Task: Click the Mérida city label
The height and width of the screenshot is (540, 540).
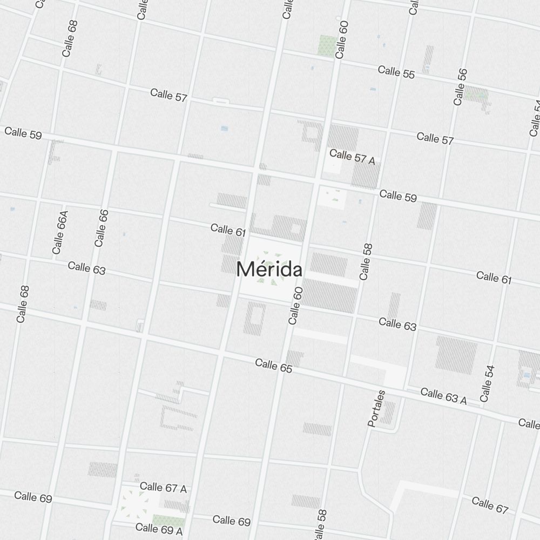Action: [x=269, y=269]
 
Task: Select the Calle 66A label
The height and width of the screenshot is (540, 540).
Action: [x=60, y=232]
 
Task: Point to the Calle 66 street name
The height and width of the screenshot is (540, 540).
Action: [x=101, y=228]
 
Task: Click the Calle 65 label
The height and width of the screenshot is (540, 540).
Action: [x=273, y=366]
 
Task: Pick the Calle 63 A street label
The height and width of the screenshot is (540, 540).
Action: [x=443, y=396]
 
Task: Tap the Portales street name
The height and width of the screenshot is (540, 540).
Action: [x=376, y=408]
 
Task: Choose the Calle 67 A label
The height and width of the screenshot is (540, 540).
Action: [x=163, y=488]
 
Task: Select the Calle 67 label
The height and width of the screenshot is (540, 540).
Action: [x=490, y=505]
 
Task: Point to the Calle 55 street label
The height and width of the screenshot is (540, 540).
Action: [x=396, y=72]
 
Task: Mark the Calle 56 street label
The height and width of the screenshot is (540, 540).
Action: [x=461, y=87]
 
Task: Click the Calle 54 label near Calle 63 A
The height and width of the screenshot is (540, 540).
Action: [x=487, y=383]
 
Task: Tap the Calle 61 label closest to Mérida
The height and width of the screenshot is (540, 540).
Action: [x=228, y=230]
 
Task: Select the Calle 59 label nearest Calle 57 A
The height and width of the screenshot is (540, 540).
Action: [x=398, y=195]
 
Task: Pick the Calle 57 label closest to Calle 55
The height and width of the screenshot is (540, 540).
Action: [x=435, y=139]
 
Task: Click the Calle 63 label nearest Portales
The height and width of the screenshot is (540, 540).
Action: [x=397, y=325]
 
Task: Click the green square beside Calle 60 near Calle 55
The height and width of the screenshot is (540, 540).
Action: [x=327, y=44]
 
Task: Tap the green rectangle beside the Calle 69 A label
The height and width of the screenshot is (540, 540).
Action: [x=168, y=521]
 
